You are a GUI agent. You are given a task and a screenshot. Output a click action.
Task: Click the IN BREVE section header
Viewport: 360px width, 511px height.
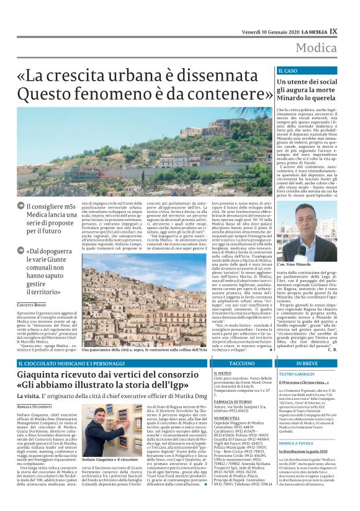[307, 363]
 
